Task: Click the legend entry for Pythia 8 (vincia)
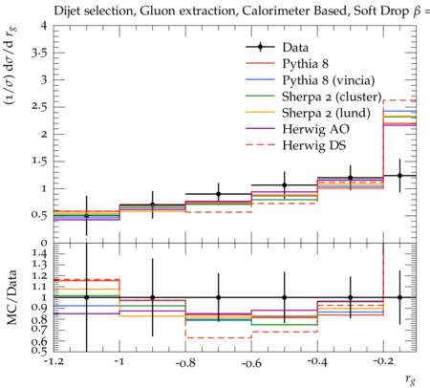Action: (329, 80)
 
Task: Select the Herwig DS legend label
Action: (314, 145)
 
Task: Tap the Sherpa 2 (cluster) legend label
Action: (332, 97)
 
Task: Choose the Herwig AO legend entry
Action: (315, 129)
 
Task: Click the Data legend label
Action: (295, 48)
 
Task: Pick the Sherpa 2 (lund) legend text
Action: (326, 113)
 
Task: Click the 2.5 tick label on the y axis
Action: (39, 106)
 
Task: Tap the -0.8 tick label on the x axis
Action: (185, 362)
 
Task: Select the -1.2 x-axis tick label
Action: (54, 362)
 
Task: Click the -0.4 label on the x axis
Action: (317, 362)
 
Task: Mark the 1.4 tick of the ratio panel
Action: (39, 254)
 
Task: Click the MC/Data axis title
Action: (11, 297)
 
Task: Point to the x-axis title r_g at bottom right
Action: (411, 379)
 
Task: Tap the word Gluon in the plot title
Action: (155, 11)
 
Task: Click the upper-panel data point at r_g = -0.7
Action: (218, 194)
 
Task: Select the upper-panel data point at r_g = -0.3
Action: (351, 178)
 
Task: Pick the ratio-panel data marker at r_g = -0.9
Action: (152, 297)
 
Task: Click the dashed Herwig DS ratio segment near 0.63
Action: (218, 337)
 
